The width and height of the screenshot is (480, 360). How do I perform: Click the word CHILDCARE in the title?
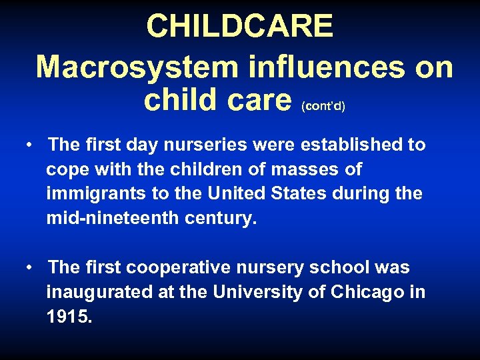point(239,27)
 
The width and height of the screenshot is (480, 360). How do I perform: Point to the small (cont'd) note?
point(323,107)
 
